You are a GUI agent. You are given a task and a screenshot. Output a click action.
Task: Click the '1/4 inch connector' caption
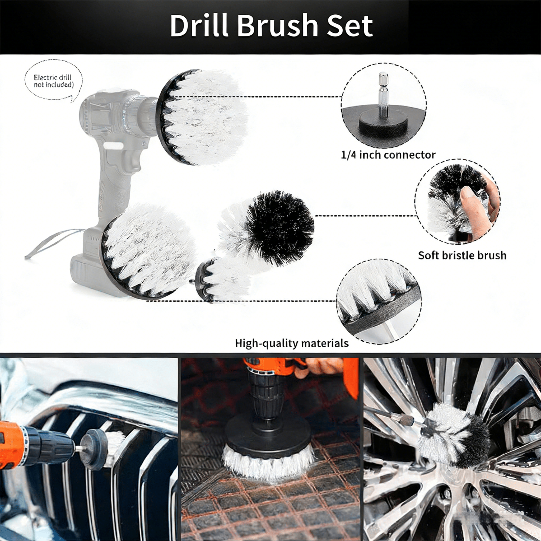coord(388,155)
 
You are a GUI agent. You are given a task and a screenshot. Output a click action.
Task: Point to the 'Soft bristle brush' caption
coord(462,255)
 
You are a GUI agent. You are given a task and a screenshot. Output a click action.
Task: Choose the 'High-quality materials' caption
coord(292,343)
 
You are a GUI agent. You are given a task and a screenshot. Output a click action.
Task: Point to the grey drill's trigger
coord(132,158)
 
